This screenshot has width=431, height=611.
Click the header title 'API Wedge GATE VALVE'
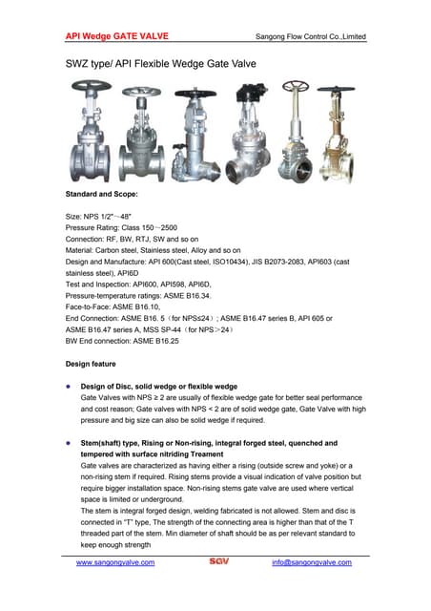coord(117,36)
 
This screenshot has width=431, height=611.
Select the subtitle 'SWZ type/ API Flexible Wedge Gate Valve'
coord(160,65)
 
